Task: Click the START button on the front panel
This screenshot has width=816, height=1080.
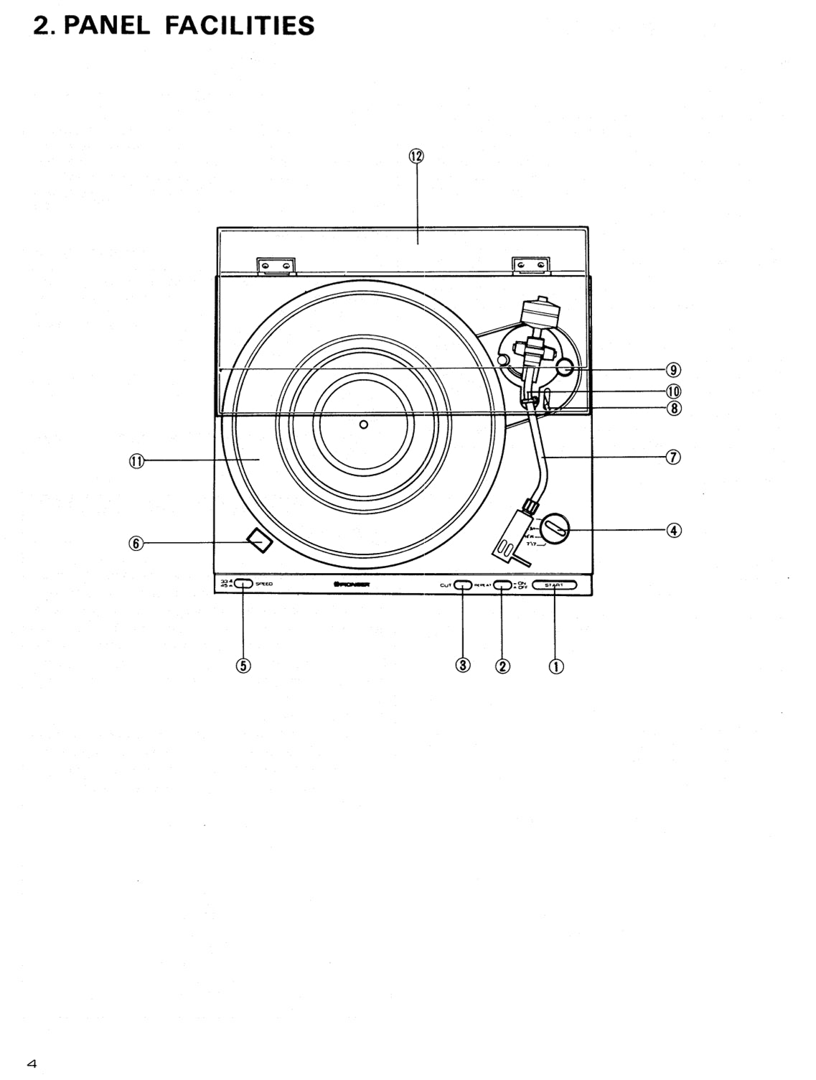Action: coord(554,585)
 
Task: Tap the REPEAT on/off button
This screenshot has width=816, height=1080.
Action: coord(502,585)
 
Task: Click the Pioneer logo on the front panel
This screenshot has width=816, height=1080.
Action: coord(352,585)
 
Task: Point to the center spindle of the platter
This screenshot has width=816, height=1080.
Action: coord(364,424)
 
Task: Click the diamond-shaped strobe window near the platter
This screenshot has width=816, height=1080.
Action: coord(259,541)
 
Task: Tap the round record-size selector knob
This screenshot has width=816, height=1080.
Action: coord(555,530)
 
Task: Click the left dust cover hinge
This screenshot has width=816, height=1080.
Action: coord(276,266)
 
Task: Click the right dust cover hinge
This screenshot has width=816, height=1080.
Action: coord(531,266)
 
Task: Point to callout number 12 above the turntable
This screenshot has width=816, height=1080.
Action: coord(417,156)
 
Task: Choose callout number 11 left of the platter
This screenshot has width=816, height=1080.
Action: coord(136,461)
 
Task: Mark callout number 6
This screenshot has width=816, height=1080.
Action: coord(136,544)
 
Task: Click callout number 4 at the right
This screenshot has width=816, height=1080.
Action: coord(673,530)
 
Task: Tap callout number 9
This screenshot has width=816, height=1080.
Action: coord(673,370)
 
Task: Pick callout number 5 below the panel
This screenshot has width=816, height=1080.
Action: coord(243,665)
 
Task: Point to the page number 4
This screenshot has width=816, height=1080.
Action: coord(32,1063)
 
